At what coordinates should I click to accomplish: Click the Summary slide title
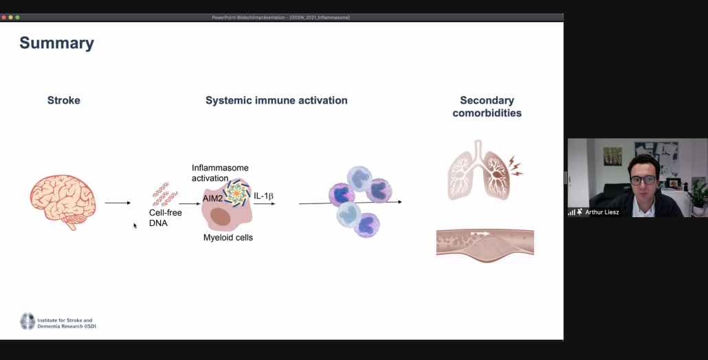click(56, 43)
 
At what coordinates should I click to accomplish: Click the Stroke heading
click(64, 100)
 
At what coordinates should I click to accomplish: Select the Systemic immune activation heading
click(276, 100)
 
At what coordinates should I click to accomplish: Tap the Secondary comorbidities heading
click(487, 106)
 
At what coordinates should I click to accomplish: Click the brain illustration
click(63, 201)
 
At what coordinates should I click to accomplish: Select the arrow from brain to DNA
click(118, 203)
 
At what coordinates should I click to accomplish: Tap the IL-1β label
click(264, 196)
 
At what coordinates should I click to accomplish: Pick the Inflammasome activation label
click(220, 173)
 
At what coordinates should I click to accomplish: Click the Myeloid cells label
click(228, 238)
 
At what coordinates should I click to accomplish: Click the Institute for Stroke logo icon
click(27, 321)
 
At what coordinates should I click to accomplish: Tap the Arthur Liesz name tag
click(602, 212)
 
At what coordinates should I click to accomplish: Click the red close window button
click(3, 17)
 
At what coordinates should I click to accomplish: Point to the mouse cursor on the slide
click(135, 225)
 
